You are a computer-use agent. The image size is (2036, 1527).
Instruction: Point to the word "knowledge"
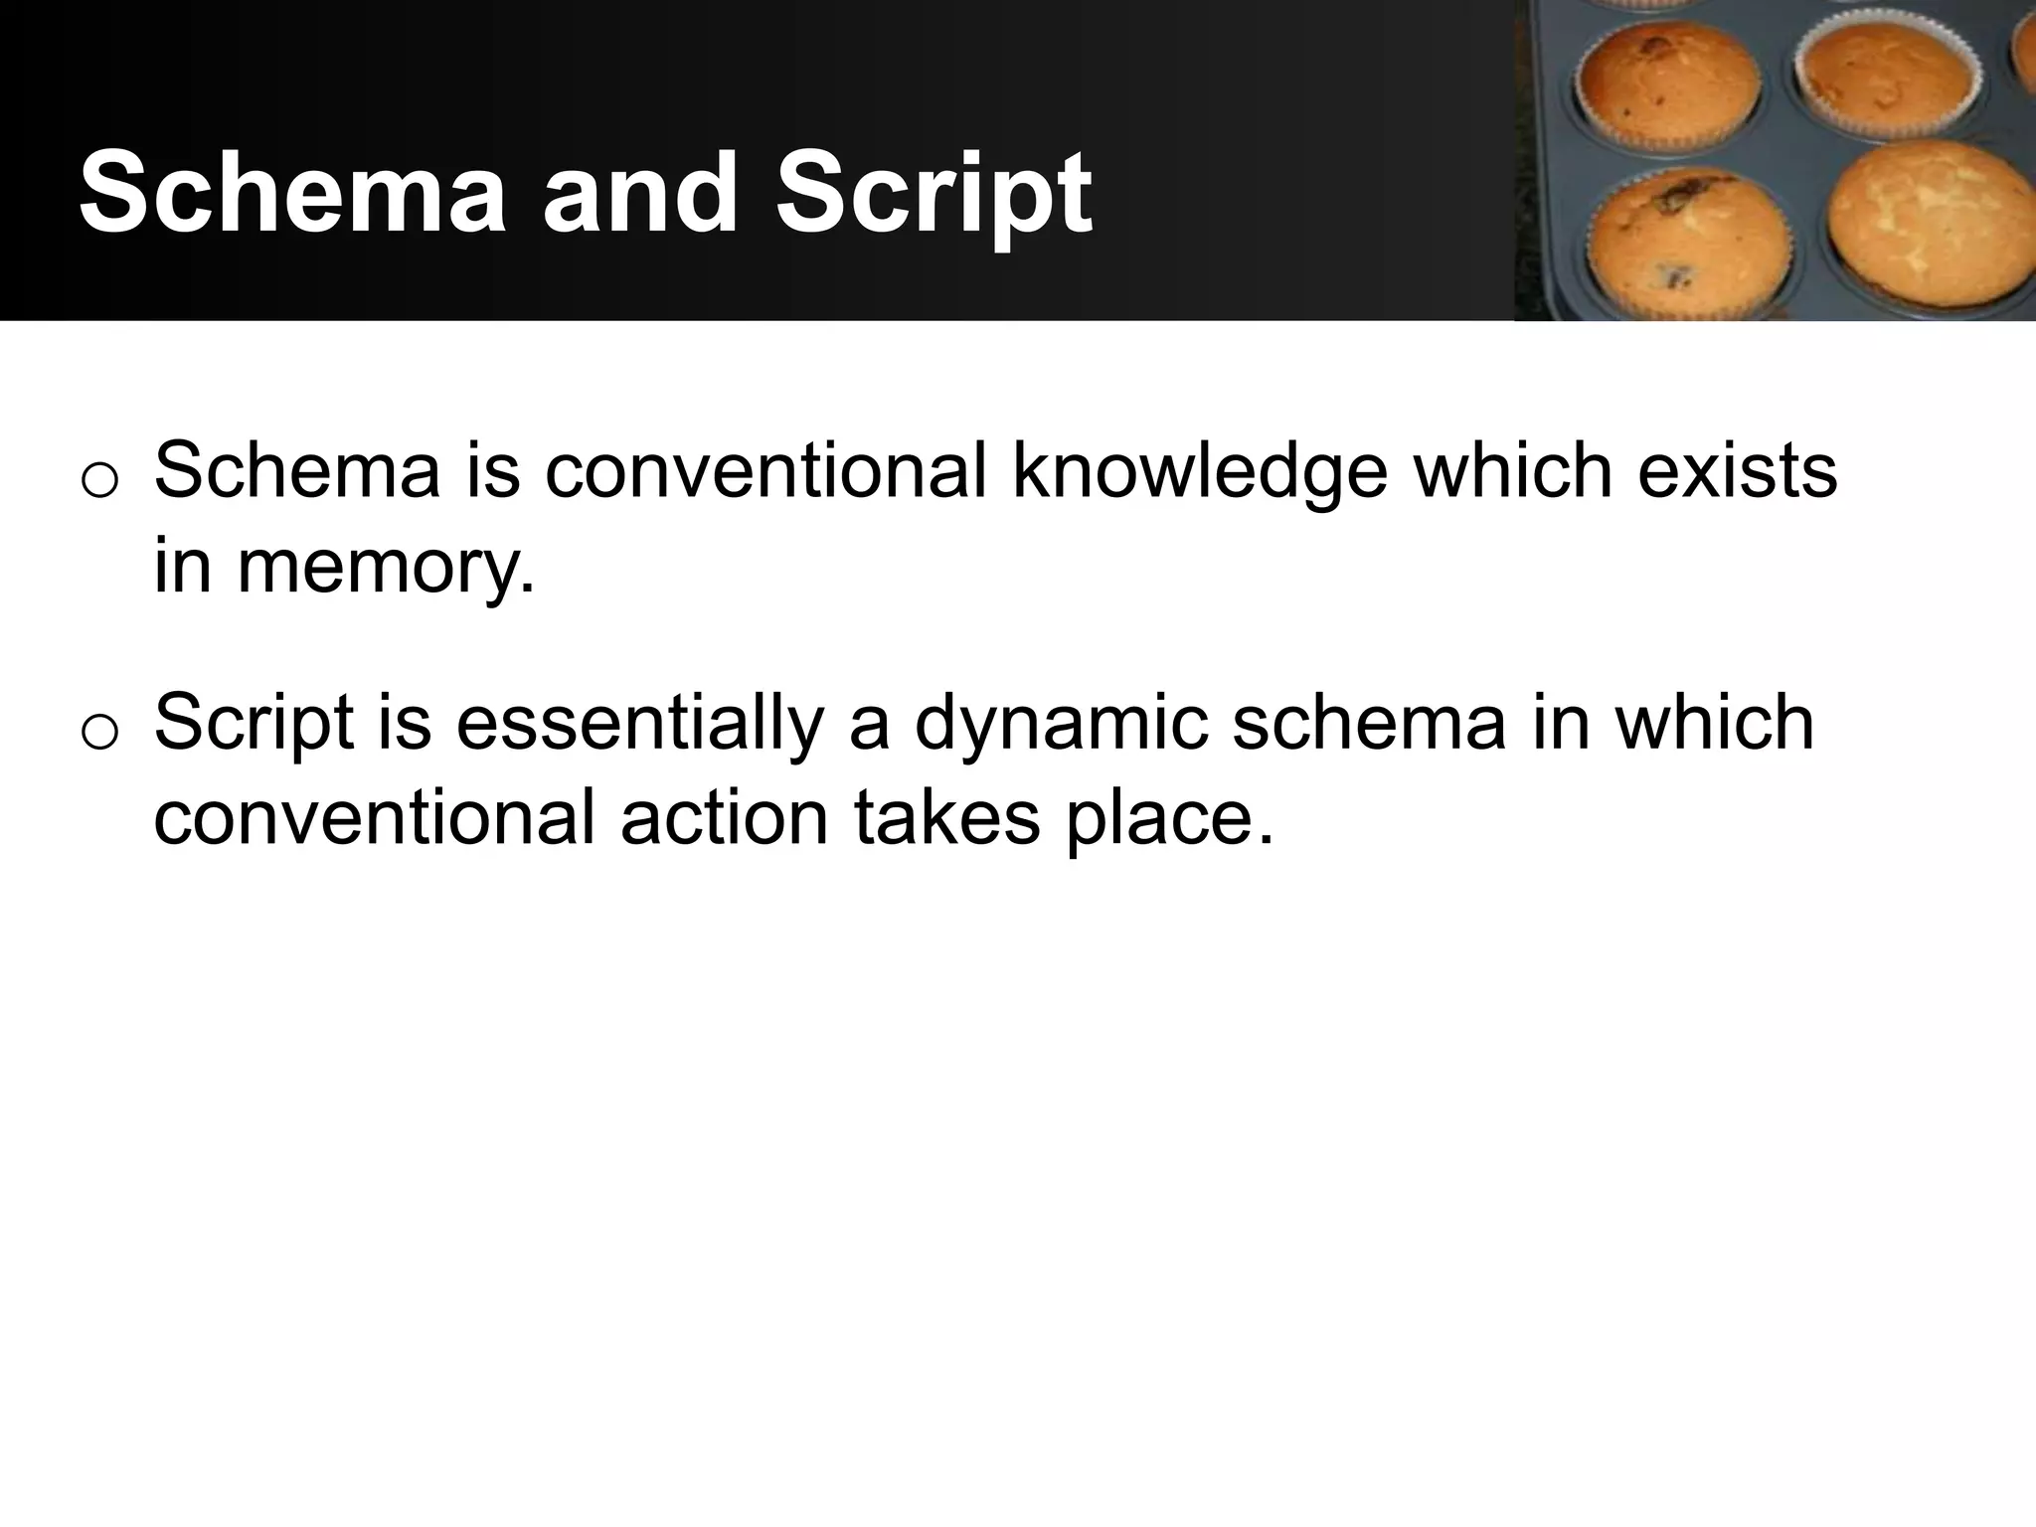click(1199, 470)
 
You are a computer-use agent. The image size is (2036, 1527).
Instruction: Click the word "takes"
click(947, 818)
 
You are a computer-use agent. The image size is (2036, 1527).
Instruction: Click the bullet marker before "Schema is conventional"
click(99, 480)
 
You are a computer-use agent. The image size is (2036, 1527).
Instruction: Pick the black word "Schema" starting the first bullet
click(297, 470)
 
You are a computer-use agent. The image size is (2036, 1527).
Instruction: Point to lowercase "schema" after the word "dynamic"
click(1369, 723)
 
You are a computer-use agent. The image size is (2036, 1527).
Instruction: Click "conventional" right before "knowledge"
click(765, 470)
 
